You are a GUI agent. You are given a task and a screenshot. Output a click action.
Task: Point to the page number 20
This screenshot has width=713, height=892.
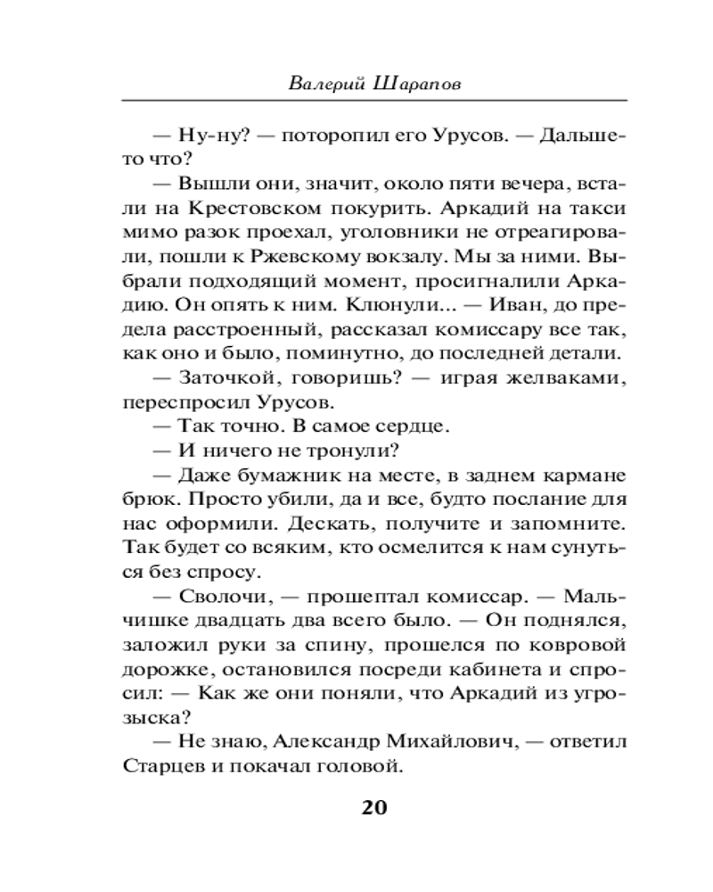click(x=374, y=808)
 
